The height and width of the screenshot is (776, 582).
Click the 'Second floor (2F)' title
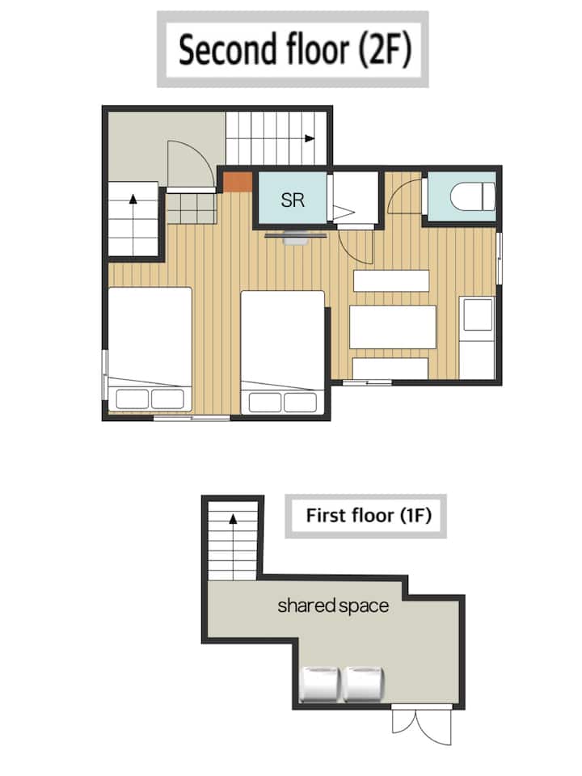coord(295,49)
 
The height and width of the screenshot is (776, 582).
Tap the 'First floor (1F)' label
coord(369,515)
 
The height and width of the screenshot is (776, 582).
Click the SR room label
coord(293,200)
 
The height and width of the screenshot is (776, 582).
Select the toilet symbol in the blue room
coord(472,196)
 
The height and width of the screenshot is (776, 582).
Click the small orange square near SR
coord(238,182)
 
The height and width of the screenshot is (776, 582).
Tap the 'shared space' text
coord(332,605)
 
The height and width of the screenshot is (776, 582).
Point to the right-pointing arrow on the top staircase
coord(310,138)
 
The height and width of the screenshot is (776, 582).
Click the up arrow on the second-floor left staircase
coord(133,200)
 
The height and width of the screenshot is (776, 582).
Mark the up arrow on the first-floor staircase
coord(233,518)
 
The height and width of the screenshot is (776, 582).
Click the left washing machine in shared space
coord(320,684)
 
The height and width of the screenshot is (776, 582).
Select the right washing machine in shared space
coord(364,684)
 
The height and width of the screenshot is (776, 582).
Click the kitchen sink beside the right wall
coord(478,314)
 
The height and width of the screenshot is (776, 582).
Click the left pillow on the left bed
coord(132,399)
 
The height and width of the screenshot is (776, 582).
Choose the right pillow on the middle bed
coord(300,402)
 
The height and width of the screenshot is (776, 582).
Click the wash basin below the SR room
coord(296,238)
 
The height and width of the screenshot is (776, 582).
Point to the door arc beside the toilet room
coord(403,196)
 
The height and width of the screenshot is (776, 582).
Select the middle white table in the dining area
coord(393,327)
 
